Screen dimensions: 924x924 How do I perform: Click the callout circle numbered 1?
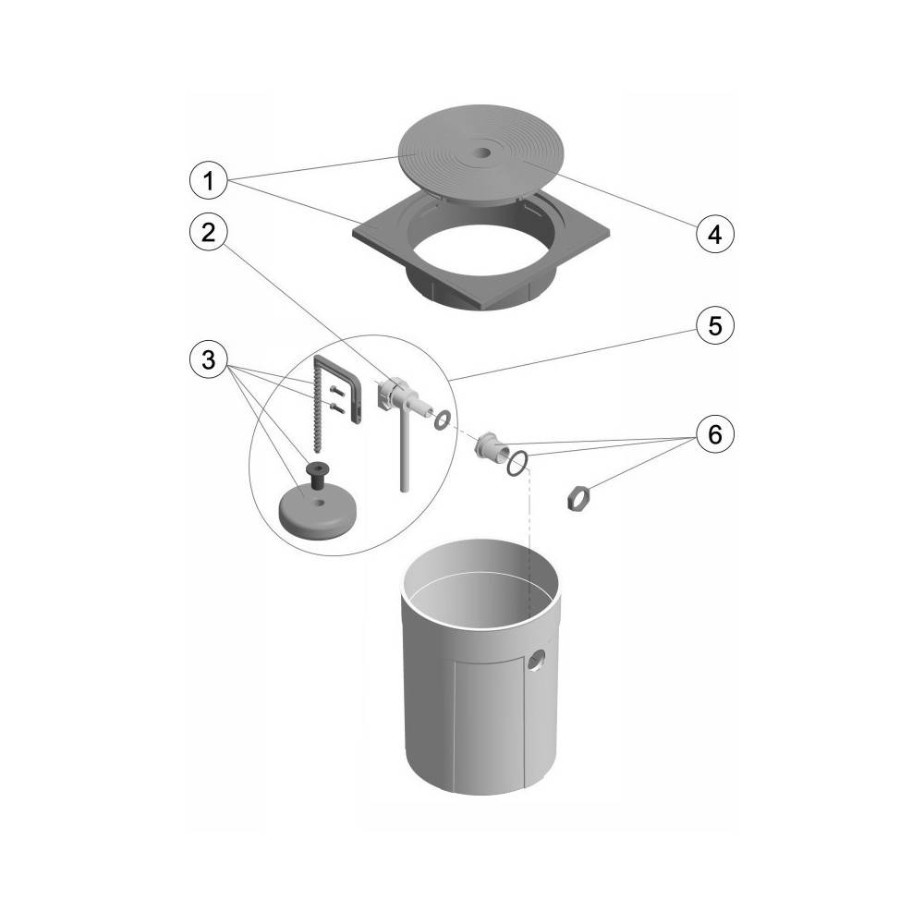(208, 180)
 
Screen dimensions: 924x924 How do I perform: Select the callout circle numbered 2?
(208, 233)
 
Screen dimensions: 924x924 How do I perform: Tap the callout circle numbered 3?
(208, 359)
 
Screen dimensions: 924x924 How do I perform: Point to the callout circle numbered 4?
(715, 235)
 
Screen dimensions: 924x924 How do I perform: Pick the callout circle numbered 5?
(715, 325)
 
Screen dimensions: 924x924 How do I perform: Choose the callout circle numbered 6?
(715, 434)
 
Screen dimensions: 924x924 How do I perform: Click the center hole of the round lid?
(483, 152)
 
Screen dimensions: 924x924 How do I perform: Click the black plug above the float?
(317, 474)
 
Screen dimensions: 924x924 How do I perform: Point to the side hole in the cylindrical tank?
(536, 661)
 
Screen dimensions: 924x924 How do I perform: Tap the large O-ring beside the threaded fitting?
(517, 464)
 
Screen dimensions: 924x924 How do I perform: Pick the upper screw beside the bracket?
(336, 390)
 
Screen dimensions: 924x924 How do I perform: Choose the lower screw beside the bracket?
(336, 407)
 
